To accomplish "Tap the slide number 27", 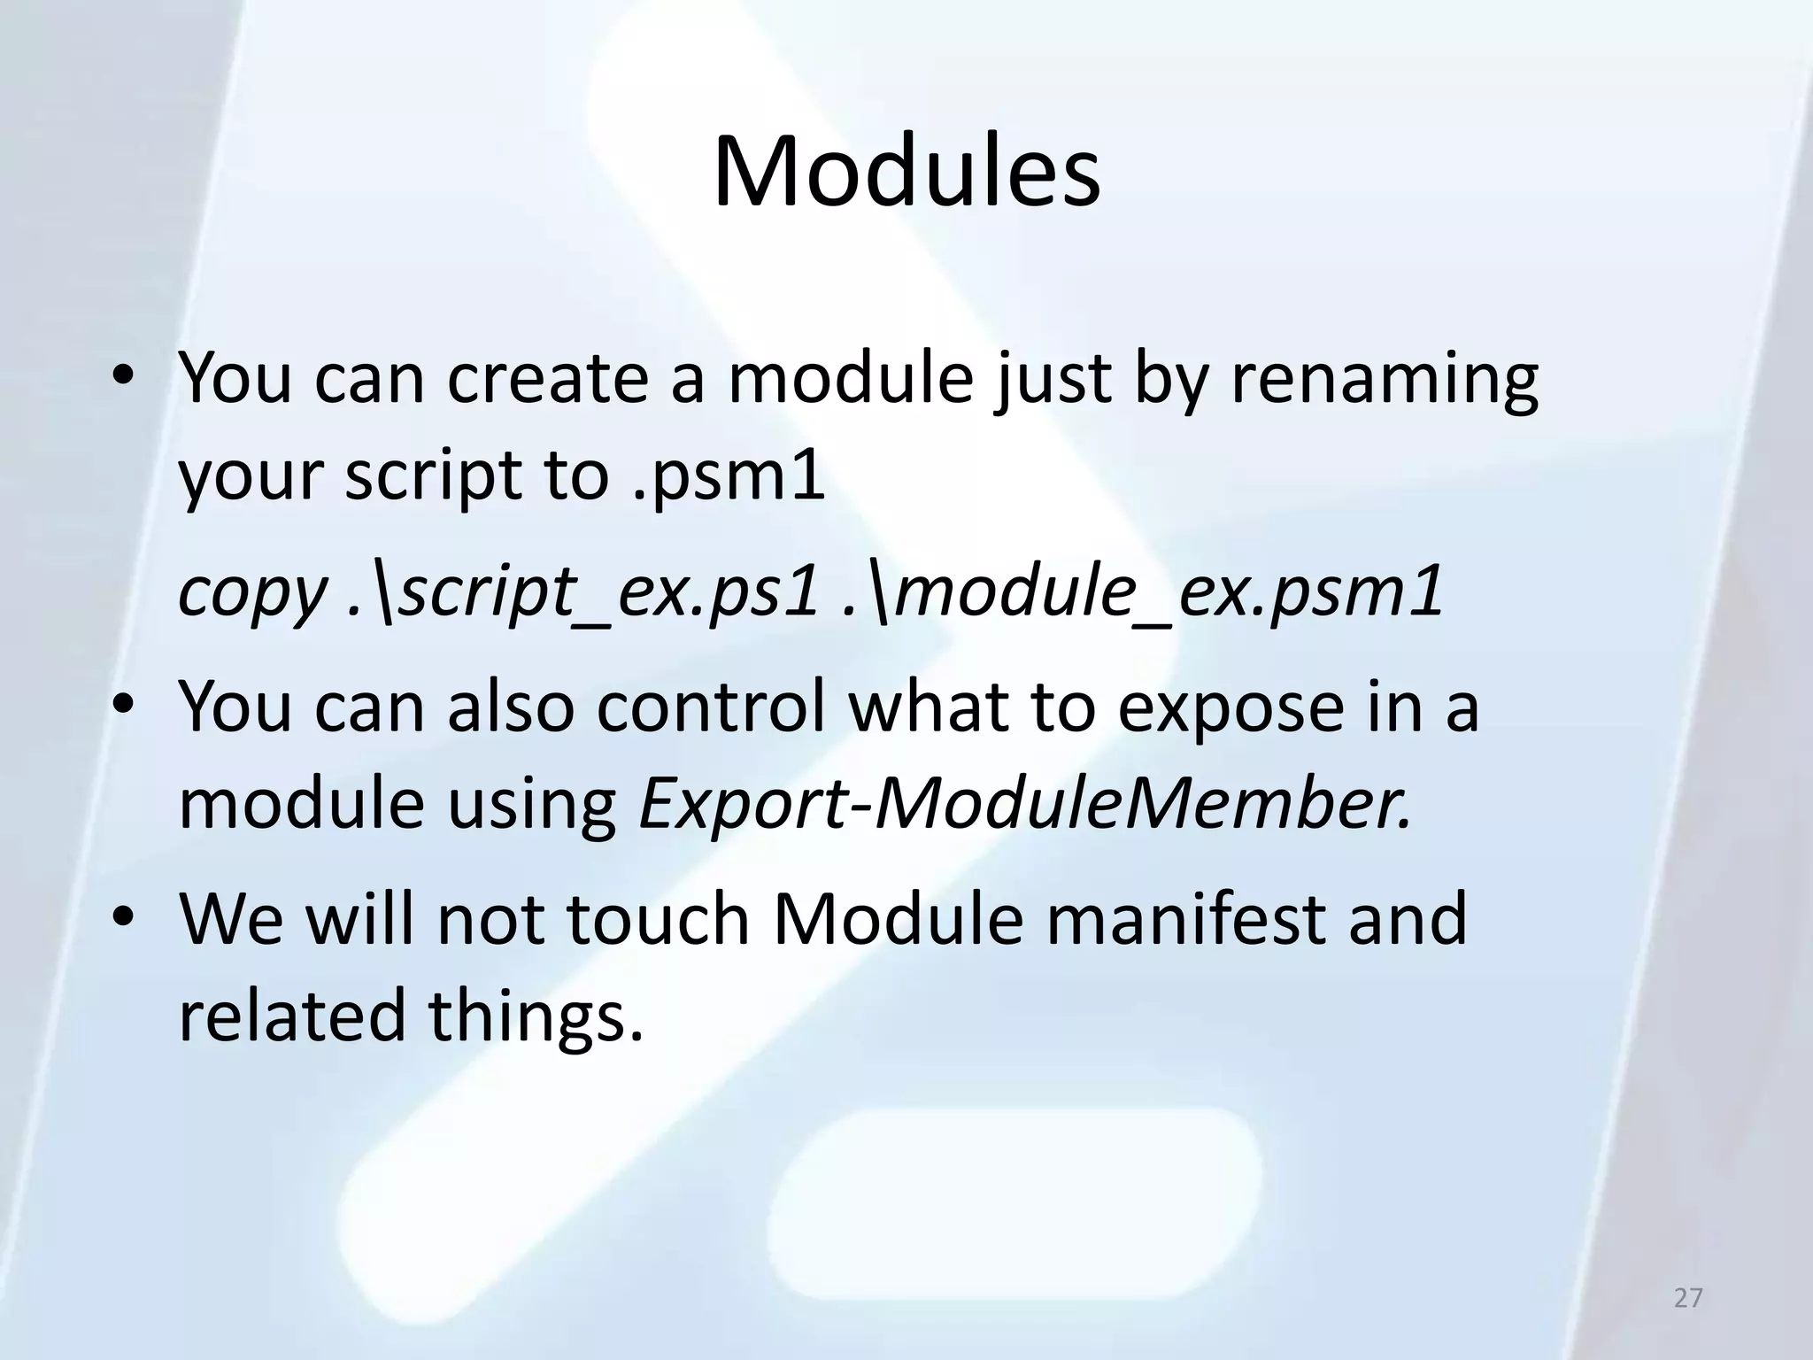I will (x=1688, y=1298).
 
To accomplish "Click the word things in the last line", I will (x=535, y=1016).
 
